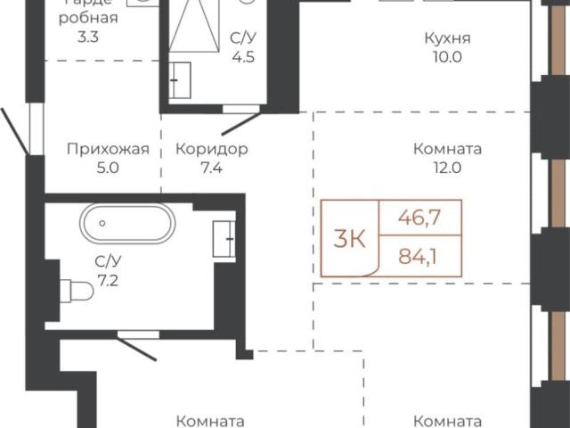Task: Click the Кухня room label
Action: (x=448, y=39)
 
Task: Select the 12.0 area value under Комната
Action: (x=448, y=167)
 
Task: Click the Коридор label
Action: (x=211, y=149)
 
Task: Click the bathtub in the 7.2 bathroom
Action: (x=126, y=222)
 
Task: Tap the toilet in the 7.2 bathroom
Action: (x=77, y=290)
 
